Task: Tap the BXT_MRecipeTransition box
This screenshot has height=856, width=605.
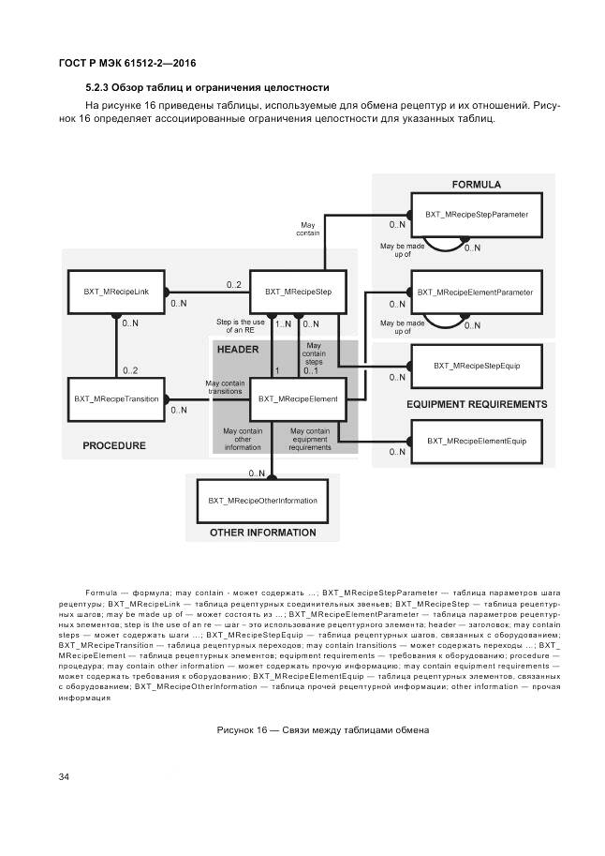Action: click(x=116, y=398)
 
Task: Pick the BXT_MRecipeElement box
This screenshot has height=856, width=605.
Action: click(x=298, y=398)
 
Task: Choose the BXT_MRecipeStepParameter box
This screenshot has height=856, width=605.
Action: click(x=476, y=215)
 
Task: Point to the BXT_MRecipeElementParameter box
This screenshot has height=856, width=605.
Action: click(x=476, y=293)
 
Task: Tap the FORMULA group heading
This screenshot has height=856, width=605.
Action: click(x=476, y=184)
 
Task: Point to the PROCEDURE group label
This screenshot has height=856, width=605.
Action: click(x=113, y=445)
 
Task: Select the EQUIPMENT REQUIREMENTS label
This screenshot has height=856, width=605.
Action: click(x=477, y=404)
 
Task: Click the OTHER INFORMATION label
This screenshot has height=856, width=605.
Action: click(x=262, y=533)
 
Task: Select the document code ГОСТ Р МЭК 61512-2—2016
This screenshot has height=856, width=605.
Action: click(x=117, y=62)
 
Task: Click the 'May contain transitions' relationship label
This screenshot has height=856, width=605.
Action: click(x=226, y=386)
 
